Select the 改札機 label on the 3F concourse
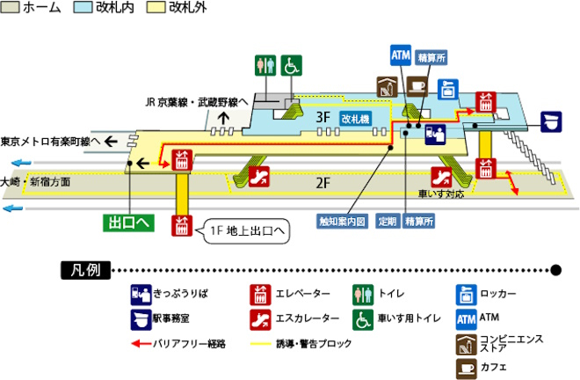pos(356,118)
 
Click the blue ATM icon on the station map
pos(401,55)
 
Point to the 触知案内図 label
pos(341,222)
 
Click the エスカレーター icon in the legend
pos(261,318)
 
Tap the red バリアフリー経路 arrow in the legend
pos(141,344)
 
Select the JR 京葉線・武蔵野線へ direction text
pos(200,101)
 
